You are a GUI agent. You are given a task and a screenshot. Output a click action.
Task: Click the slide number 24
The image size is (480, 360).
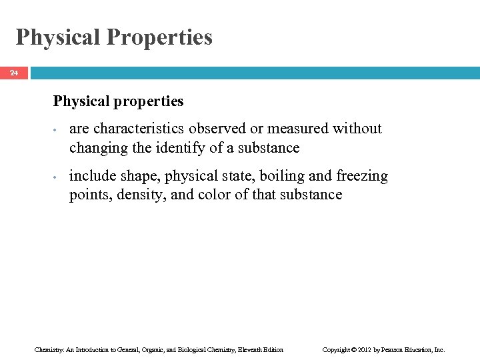pyautogui.click(x=14, y=73)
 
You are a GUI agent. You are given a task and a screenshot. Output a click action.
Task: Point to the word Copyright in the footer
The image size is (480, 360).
pyautogui.click(x=336, y=349)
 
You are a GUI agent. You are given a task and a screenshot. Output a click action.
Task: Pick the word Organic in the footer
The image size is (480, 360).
pyautogui.click(x=142, y=349)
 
